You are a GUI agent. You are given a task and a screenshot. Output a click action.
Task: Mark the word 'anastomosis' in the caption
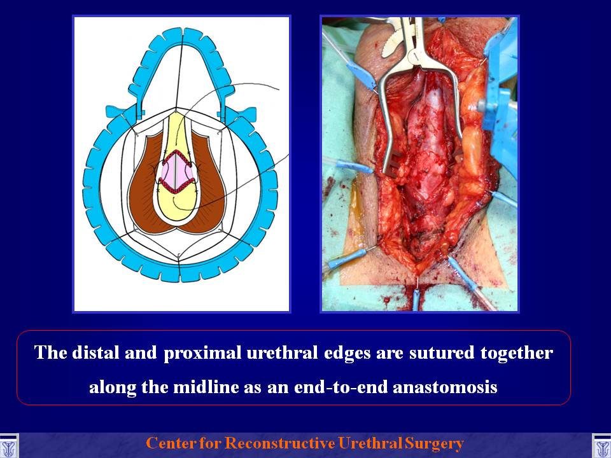coord(445,387)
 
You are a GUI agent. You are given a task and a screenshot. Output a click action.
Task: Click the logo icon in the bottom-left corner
coord(8,447)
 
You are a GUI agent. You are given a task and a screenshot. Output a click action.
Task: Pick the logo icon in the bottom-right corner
coord(601,447)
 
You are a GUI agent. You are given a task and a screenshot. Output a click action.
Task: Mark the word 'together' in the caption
coord(517,354)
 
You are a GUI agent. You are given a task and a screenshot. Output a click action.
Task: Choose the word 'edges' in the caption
coord(347,354)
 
